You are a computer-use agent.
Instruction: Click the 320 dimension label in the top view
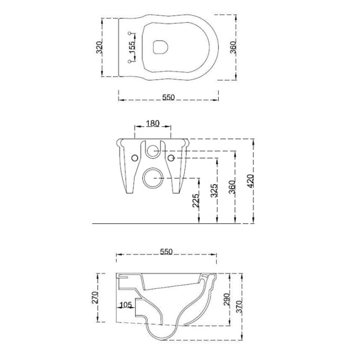coord(99,47)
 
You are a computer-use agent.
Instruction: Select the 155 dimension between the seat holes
coord(132,47)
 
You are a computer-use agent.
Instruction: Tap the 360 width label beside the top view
coord(233,47)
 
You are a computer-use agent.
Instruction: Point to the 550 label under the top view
coord(169,97)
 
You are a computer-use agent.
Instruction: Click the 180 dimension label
coord(153,123)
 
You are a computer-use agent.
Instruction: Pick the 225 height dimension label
coord(195,201)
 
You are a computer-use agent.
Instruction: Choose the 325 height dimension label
coord(214,190)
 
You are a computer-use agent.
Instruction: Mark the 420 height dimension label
coord(251,181)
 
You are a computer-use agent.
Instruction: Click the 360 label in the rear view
coord(232,187)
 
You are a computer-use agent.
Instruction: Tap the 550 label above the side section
coord(166,251)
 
